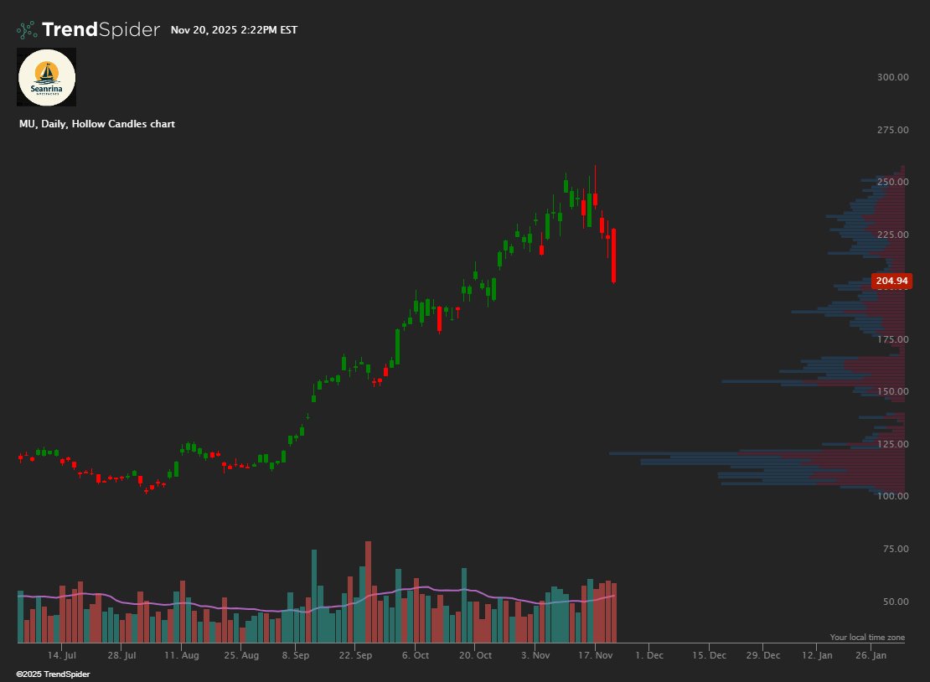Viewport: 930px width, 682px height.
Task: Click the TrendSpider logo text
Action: pyautogui.click(x=100, y=30)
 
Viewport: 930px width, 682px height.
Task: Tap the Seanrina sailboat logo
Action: pyautogui.click(x=47, y=77)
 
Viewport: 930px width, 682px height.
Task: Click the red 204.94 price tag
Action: pyautogui.click(x=891, y=282)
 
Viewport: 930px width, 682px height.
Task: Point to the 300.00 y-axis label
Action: pyautogui.click(x=892, y=77)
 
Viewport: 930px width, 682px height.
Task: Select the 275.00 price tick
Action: pyautogui.click(x=892, y=130)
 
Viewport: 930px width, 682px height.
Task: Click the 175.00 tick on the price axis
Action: pyautogui.click(x=892, y=339)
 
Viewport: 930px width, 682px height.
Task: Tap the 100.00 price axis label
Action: pyautogui.click(x=892, y=496)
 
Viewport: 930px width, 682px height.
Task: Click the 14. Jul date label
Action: pyautogui.click(x=62, y=655)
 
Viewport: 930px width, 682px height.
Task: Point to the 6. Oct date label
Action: pyautogui.click(x=416, y=655)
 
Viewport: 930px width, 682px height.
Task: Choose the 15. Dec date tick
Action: pyautogui.click(x=709, y=655)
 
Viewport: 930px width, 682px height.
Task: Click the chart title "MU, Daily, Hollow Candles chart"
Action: pyautogui.click(x=97, y=124)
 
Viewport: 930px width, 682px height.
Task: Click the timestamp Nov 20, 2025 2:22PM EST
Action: pyautogui.click(x=234, y=30)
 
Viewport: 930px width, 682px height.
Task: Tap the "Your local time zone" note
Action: pyautogui.click(x=867, y=638)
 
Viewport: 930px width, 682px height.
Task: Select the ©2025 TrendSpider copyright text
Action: pyautogui.click(x=54, y=674)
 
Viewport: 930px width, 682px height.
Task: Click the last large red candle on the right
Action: pyautogui.click(x=614, y=256)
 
